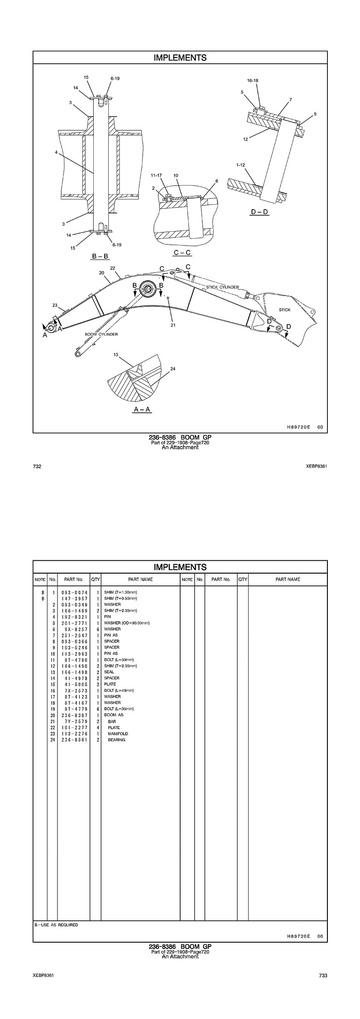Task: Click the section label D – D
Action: pyautogui.click(x=259, y=212)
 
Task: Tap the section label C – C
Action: pyautogui.click(x=182, y=253)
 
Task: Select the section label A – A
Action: pyautogui.click(x=142, y=409)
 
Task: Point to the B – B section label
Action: pyautogui.click(x=100, y=256)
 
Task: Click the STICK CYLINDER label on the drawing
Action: pyautogui.click(x=222, y=287)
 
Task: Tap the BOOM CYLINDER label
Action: pyautogui.click(x=101, y=334)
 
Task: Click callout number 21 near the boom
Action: pyautogui.click(x=173, y=325)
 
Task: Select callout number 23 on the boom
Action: pyautogui.click(x=55, y=305)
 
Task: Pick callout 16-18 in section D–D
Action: pyautogui.click(x=252, y=81)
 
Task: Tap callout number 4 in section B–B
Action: pyautogui.click(x=56, y=152)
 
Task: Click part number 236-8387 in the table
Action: pyautogui.click(x=75, y=715)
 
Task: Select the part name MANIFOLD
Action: pyautogui.click(x=118, y=733)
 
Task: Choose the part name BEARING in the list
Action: pyautogui.click(x=117, y=740)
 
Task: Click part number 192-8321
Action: pyautogui.click(x=75, y=616)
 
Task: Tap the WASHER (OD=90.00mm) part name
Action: pyautogui.click(x=127, y=623)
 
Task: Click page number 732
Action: pyautogui.click(x=37, y=466)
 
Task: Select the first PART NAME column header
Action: pyautogui.click(x=140, y=579)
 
